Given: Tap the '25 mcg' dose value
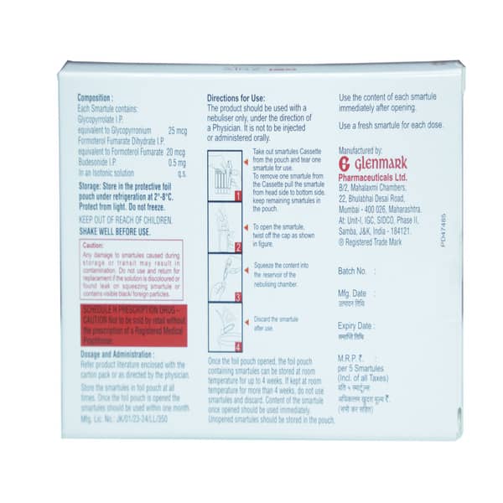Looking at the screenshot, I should pyautogui.click(x=177, y=131).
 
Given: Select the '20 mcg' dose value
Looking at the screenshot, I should pyautogui.click(x=175, y=152).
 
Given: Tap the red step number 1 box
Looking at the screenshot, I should pyautogui.click(x=237, y=196).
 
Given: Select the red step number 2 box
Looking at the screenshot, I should pyautogui.click(x=237, y=246).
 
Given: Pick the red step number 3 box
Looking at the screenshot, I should pyautogui.click(x=237, y=296).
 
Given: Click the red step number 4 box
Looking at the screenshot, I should pyautogui.click(x=237, y=345).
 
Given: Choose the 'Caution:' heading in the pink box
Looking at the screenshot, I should pyautogui.click(x=93, y=245).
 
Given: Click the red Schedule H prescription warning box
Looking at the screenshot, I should pyautogui.click(x=130, y=325).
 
